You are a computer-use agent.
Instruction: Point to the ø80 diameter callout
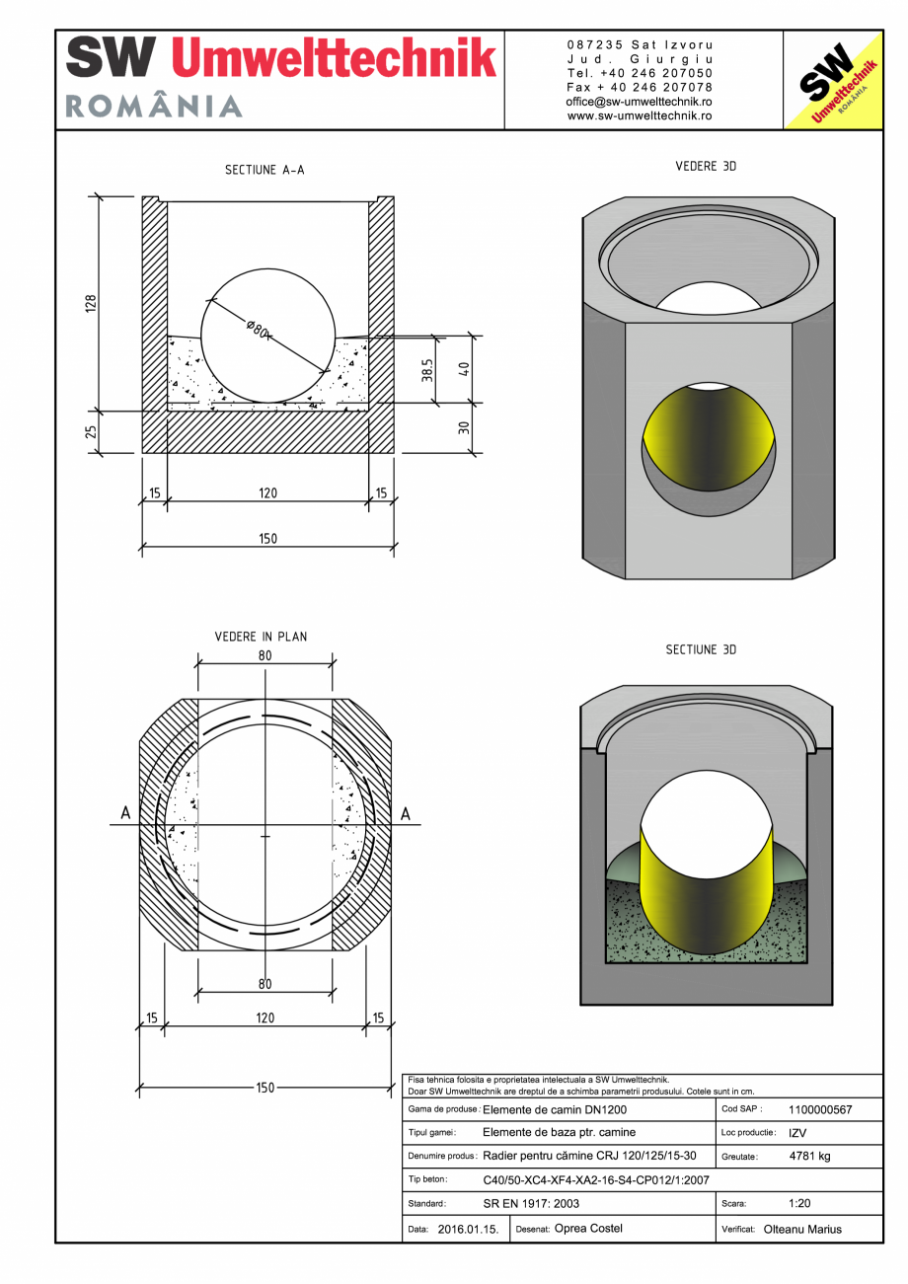[258, 330]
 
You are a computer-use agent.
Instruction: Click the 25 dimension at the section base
[90, 432]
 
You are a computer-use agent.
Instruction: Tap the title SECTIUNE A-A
[265, 170]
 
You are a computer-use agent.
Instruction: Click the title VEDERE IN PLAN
[261, 637]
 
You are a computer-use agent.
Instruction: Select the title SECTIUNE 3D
[701, 650]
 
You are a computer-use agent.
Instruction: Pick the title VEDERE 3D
[706, 167]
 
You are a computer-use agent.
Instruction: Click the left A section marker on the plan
[124, 813]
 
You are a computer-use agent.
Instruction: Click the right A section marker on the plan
[405, 813]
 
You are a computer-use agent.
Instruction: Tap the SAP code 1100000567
[820, 1109]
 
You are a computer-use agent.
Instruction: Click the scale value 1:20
[799, 1204]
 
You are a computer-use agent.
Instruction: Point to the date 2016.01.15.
[469, 1230]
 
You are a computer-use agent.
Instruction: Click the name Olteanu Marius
[802, 1230]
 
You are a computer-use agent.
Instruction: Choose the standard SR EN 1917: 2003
[531, 1204]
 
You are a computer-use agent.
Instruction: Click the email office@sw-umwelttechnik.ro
[639, 102]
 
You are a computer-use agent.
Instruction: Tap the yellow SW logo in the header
[831, 82]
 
